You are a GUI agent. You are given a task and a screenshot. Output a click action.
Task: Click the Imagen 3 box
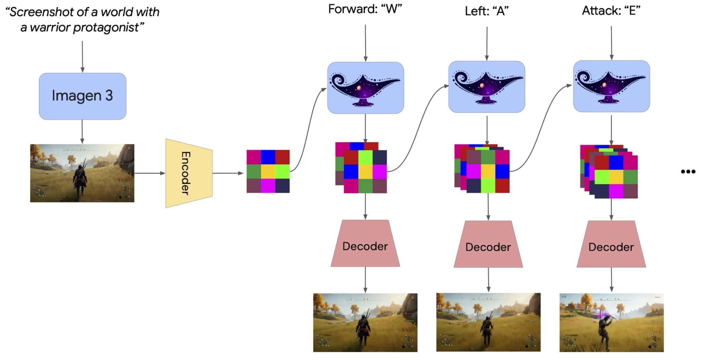tap(82, 96)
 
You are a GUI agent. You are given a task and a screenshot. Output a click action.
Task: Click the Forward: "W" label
tap(365, 9)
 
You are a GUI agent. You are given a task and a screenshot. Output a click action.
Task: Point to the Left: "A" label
tap(486, 11)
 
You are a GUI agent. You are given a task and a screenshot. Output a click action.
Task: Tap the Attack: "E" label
tap(611, 11)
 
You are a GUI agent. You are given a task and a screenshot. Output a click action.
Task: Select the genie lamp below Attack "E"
tap(611, 87)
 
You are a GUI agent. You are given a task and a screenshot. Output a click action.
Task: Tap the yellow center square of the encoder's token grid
tap(268, 171)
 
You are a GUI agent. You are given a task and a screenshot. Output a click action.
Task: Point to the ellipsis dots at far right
tap(688, 171)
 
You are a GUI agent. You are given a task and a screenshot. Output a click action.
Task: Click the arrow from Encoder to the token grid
tap(228, 173)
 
